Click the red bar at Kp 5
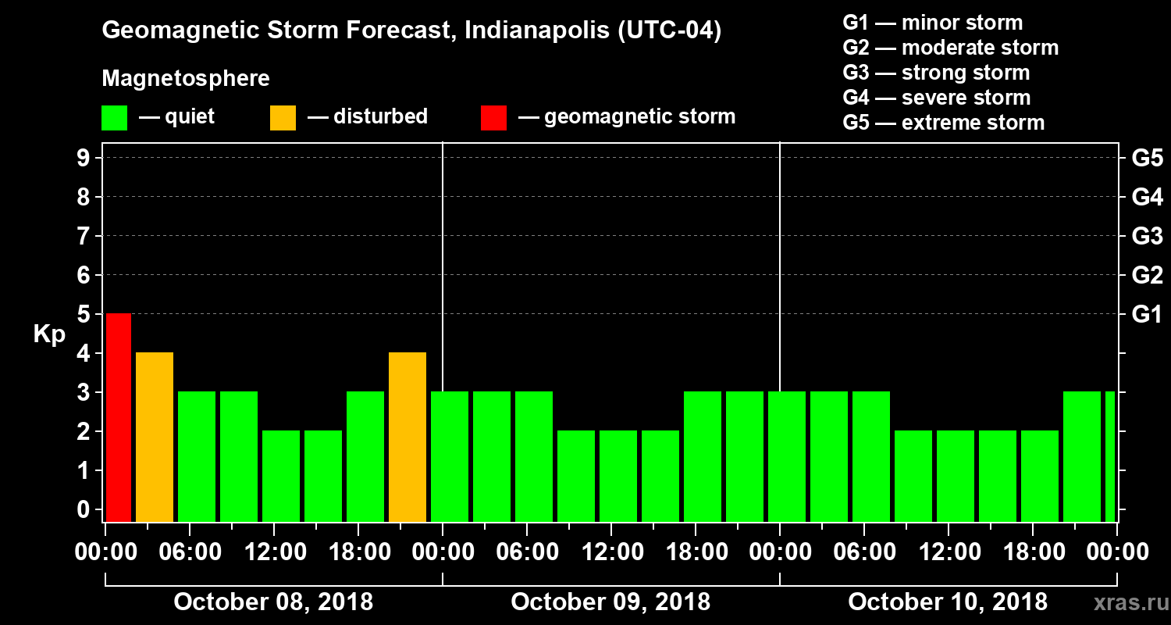tap(119, 417)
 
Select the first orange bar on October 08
tap(155, 437)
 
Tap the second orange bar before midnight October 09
tap(408, 437)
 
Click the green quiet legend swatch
tap(115, 118)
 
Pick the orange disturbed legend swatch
tap(283, 118)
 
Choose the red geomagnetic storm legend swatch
tap(493, 118)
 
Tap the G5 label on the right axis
tap(1147, 159)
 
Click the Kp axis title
tap(49, 334)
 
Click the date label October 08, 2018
tap(272, 602)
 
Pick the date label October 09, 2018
tap(610, 602)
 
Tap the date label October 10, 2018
tap(948, 602)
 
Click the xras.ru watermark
tap(1125, 603)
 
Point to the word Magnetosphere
tap(186, 79)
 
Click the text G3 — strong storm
tap(936, 73)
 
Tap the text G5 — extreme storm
tap(943, 123)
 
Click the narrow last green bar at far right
tap(1110, 456)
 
